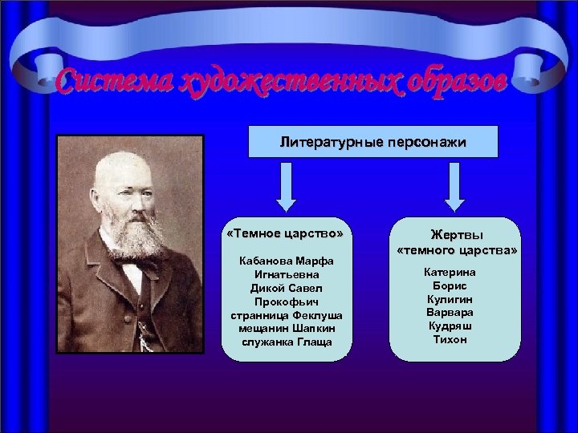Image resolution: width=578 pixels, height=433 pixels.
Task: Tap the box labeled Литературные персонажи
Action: [373, 141]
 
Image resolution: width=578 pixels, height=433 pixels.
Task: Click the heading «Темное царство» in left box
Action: [287, 233]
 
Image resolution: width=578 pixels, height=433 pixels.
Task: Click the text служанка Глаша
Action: [287, 342]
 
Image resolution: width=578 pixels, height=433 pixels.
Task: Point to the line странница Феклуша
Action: [287, 315]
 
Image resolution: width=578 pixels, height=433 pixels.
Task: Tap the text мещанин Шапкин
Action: [287, 329]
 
